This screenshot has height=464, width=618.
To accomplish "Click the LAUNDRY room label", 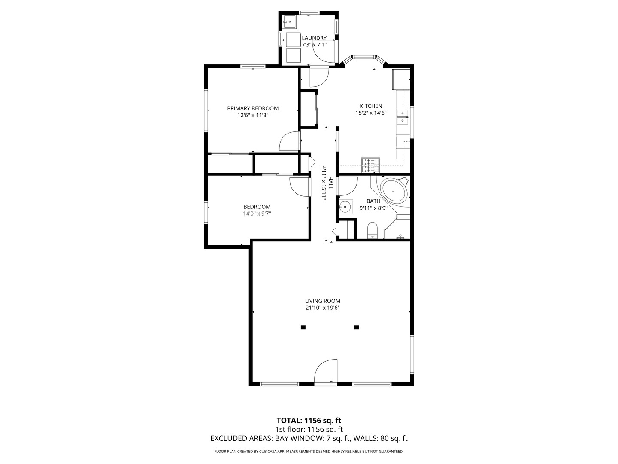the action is pyautogui.click(x=314, y=38).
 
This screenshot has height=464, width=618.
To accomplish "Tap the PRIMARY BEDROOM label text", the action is pyautogui.click(x=252, y=108).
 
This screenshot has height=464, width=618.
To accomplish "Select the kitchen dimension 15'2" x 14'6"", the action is pyautogui.click(x=371, y=113).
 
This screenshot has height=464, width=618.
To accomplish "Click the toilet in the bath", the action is pyautogui.click(x=373, y=230).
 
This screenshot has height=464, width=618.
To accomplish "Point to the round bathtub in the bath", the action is pyautogui.click(x=394, y=191).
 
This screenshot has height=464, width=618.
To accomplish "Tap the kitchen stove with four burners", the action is pyautogui.click(x=370, y=165).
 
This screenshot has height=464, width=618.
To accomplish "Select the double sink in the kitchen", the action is pyautogui.click(x=403, y=117).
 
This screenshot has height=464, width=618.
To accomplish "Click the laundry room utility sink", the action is pyautogui.click(x=289, y=21).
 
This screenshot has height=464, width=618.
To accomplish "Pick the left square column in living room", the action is pyautogui.click(x=303, y=327).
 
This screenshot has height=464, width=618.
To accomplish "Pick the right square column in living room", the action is pyautogui.click(x=357, y=327).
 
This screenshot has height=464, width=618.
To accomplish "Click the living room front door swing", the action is pyautogui.click(x=326, y=371).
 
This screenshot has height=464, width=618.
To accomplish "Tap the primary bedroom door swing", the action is pyautogui.click(x=289, y=141).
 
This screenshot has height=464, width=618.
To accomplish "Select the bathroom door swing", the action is pyautogui.click(x=348, y=186).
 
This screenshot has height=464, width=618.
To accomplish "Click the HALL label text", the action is pyautogui.click(x=330, y=183).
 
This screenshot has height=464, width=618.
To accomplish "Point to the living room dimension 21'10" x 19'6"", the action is pyautogui.click(x=323, y=308).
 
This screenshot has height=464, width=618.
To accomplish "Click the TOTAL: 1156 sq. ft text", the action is pyautogui.click(x=309, y=421).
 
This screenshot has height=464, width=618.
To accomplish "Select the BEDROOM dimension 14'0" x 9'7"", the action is pyautogui.click(x=257, y=214).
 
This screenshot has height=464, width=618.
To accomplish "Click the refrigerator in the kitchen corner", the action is pyautogui.click(x=401, y=79).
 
